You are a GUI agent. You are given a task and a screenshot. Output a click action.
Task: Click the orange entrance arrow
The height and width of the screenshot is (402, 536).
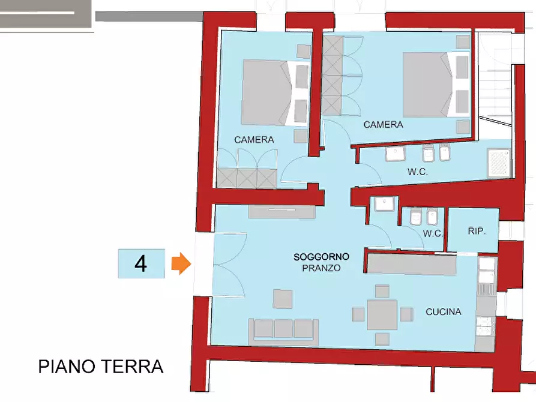point(181,263)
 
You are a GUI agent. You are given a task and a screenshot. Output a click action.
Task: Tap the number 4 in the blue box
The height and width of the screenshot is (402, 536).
point(140,263)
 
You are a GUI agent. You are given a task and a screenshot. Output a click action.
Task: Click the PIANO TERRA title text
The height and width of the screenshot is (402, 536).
point(101,367)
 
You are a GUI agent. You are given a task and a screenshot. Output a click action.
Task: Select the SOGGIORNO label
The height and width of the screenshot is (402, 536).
point(321,257)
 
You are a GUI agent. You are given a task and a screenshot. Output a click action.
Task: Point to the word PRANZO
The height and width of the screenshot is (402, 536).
point(321,268)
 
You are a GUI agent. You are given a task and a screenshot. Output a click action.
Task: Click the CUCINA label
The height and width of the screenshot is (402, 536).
point(443,312)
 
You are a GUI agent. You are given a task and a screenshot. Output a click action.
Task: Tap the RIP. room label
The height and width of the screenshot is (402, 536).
point(477,231)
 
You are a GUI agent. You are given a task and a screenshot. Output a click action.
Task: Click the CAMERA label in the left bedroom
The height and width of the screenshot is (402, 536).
point(254,140)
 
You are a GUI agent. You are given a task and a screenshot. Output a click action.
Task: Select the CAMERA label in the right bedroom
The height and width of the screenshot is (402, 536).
point(383,125)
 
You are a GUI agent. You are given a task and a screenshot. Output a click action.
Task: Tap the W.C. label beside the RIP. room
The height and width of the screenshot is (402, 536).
point(432,233)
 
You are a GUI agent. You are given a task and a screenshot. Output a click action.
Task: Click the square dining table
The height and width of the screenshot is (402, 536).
point(382,314)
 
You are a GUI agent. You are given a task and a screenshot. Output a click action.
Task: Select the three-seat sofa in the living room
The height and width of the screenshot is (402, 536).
point(283,329)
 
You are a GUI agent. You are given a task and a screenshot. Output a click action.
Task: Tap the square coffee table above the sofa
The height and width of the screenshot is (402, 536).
point(283,299)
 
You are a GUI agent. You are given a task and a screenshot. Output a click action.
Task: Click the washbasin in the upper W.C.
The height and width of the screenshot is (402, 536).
point(396,155)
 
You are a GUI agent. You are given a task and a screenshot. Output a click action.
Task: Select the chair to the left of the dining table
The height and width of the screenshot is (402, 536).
point(358,314)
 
